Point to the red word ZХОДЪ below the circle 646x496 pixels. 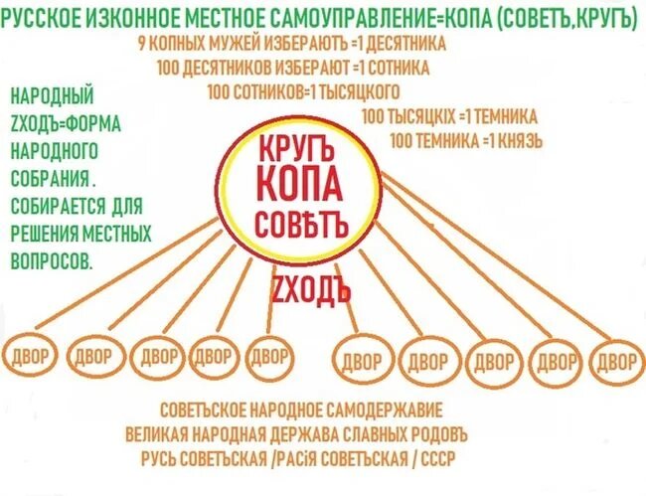(311, 290)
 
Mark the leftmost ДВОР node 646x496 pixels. (35, 357)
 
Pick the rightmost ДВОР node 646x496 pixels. (615, 360)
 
